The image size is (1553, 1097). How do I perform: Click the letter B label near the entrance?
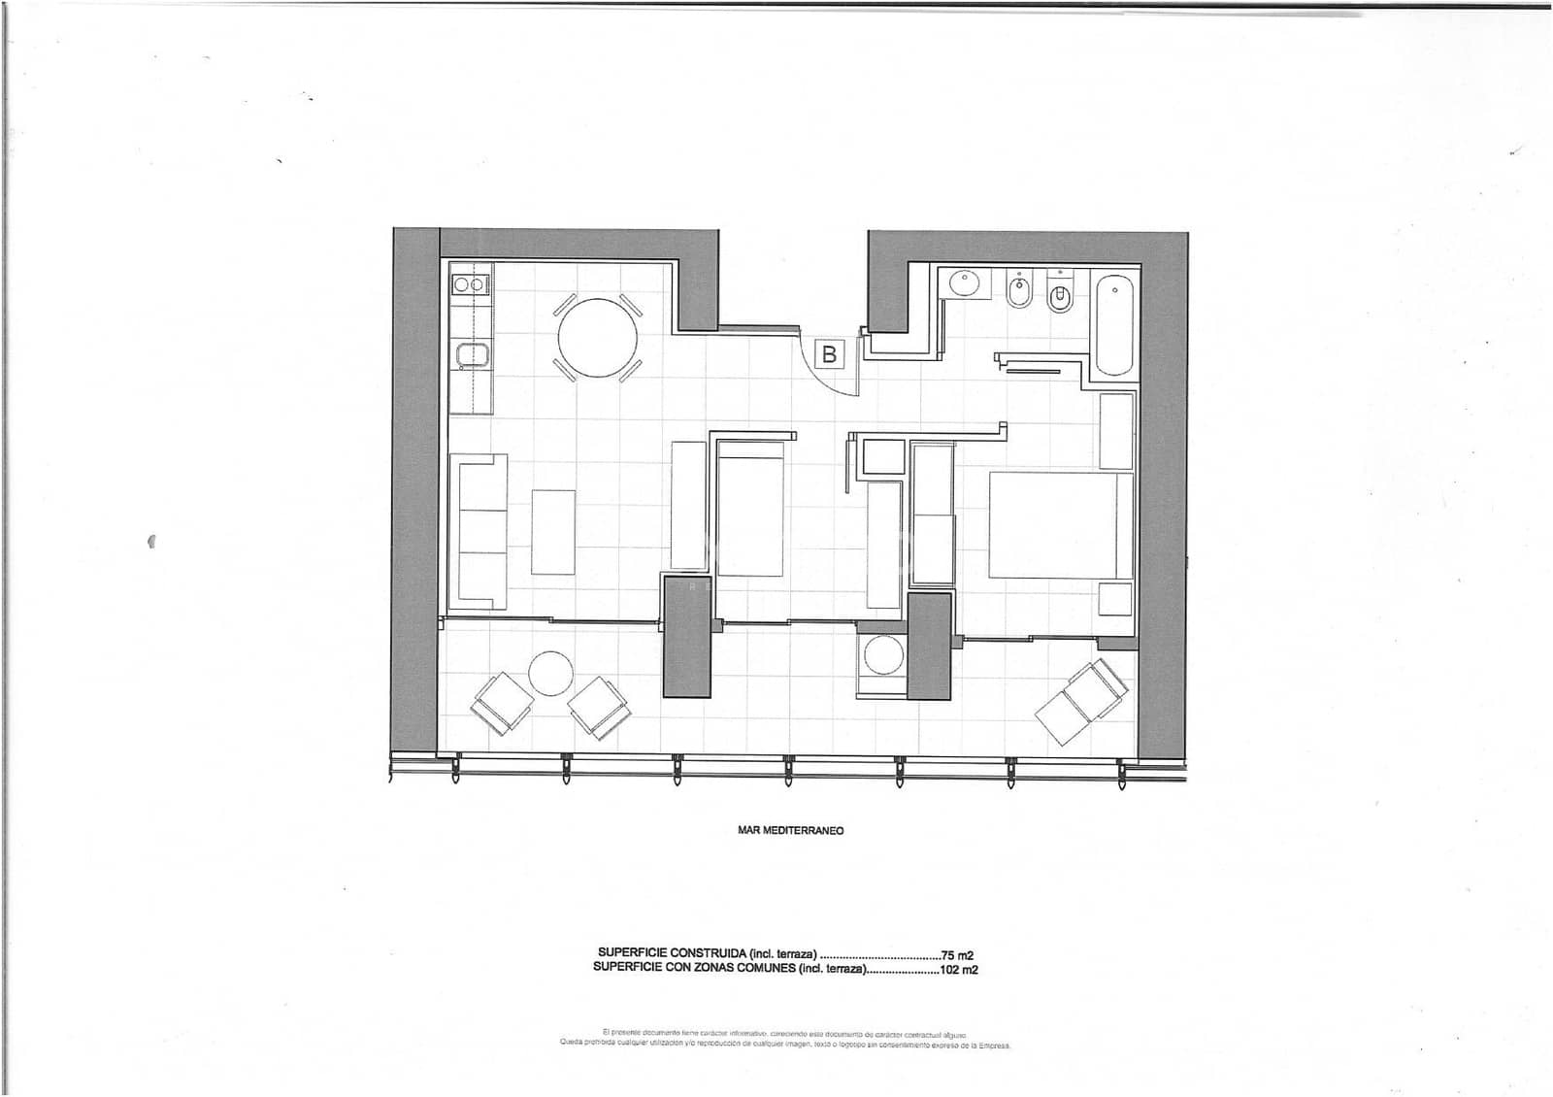(829, 354)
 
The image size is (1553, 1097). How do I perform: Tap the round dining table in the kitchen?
(598, 338)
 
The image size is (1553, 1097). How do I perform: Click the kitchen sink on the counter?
(472, 355)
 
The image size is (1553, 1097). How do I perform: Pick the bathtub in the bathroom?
(1113, 325)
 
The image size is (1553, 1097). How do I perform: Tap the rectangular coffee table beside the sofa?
(553, 532)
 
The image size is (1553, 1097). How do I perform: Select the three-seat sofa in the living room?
(479, 531)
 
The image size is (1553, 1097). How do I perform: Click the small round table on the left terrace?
(551, 672)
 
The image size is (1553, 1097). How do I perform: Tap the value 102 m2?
(957, 969)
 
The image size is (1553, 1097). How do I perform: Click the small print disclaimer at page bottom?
(784, 1040)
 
